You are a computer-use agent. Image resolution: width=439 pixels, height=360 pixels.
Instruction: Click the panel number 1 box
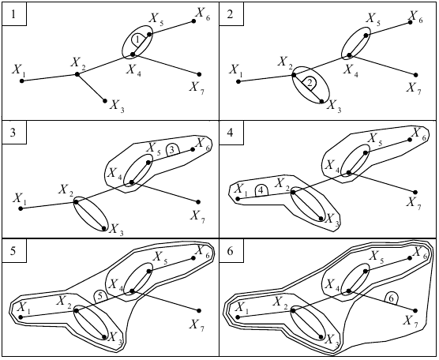click(x=14, y=14)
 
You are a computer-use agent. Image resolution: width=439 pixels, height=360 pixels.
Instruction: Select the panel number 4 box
click(x=231, y=133)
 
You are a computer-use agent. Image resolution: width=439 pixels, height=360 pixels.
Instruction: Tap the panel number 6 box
click(x=231, y=251)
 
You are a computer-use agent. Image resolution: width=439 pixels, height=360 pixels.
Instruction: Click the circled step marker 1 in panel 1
click(x=137, y=40)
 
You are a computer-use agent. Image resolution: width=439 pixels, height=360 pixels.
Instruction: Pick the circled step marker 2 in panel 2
click(x=310, y=83)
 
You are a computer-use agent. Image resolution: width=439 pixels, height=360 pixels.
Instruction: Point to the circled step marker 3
click(x=173, y=150)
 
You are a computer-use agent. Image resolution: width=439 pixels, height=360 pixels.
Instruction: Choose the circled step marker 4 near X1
click(x=261, y=191)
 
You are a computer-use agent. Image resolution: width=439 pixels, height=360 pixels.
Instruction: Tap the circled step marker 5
click(x=101, y=297)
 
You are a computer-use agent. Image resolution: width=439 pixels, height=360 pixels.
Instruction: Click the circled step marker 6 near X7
click(x=392, y=298)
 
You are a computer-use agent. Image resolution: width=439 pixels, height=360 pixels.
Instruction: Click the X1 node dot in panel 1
click(x=22, y=81)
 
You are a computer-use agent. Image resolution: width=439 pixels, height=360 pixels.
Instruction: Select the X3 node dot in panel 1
click(x=105, y=101)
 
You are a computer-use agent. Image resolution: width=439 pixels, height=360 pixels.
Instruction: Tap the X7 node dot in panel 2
click(x=416, y=75)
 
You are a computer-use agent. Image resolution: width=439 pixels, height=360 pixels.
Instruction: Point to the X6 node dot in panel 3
click(x=193, y=149)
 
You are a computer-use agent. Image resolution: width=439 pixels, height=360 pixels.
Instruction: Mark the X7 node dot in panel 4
click(x=415, y=193)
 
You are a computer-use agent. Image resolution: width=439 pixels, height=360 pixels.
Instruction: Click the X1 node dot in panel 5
click(x=21, y=317)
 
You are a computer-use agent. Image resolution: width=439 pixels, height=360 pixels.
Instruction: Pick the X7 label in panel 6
click(x=410, y=321)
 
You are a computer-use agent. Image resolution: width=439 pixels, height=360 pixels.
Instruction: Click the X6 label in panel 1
click(x=203, y=14)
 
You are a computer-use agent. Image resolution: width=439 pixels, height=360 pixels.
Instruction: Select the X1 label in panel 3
click(x=19, y=199)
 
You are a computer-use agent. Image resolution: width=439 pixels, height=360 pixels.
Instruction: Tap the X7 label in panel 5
click(x=197, y=325)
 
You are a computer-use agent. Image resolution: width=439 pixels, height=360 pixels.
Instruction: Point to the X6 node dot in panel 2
click(x=411, y=22)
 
